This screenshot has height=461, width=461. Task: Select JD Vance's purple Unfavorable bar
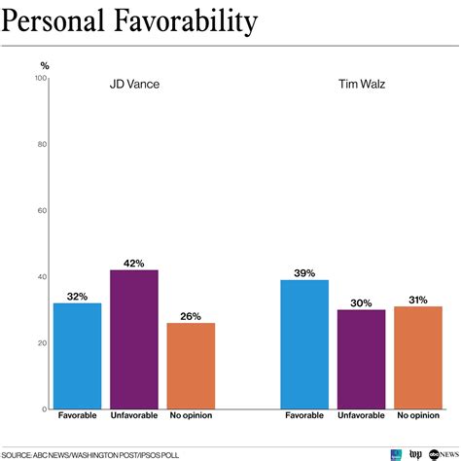[134, 338]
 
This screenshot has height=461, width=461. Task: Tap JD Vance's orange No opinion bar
[191, 365]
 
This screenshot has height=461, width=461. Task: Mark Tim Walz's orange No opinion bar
[418, 357]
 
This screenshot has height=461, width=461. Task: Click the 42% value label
[134, 262]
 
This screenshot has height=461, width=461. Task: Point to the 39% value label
[303, 273]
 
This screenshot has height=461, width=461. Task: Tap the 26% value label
[191, 315]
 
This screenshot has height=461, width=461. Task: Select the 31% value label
[418, 299]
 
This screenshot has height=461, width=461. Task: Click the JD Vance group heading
[134, 84]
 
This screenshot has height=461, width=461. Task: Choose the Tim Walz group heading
[361, 84]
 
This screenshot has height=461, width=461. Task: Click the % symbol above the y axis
[44, 65]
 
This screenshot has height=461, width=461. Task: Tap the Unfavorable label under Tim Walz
[361, 415]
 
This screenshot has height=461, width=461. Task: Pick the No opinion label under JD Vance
[191, 415]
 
